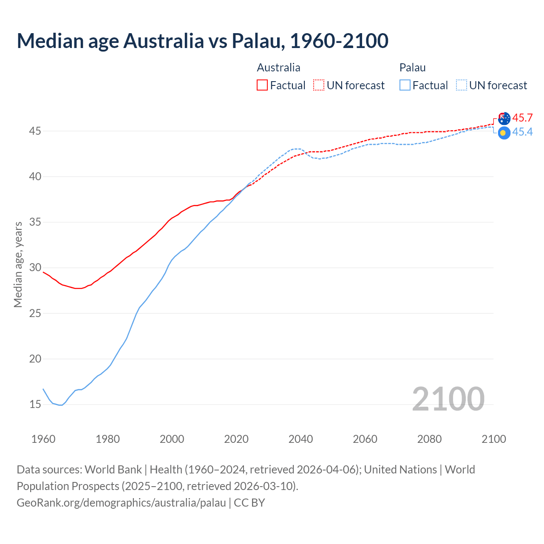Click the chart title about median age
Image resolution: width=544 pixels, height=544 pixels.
202,41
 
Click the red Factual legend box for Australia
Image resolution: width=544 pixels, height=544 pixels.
262,85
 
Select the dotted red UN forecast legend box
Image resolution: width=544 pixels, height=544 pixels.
318,85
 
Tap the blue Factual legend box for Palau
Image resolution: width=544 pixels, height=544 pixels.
405,85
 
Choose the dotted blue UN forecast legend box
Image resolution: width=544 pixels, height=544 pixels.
462,85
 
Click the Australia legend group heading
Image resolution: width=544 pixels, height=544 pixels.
278,68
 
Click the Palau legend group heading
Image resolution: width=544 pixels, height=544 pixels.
412,68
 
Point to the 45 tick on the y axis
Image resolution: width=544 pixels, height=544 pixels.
35,131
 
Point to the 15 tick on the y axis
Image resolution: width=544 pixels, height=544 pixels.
35,404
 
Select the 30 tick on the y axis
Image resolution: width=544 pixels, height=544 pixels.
35,268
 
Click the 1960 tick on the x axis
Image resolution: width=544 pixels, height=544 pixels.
43,439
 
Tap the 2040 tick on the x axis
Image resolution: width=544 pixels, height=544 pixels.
300,439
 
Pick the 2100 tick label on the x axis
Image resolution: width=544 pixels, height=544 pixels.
493,439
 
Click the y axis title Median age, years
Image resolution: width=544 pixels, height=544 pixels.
18,264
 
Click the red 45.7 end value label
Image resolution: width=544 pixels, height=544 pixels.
522,118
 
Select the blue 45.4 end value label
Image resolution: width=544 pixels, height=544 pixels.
522,132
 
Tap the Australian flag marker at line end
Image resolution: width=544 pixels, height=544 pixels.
504,119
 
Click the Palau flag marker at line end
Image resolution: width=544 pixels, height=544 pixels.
504,133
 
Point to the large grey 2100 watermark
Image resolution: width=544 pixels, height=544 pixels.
448,399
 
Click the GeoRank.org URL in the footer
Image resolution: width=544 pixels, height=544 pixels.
121,502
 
